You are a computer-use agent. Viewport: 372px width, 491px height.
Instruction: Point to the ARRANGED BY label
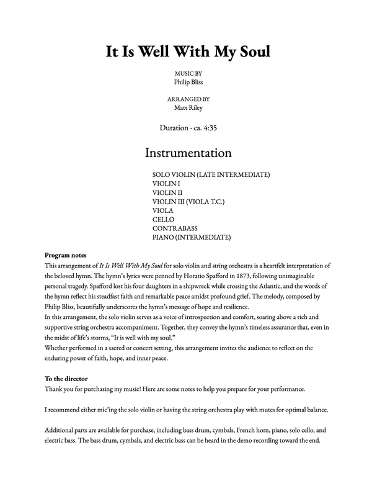coord(188,99)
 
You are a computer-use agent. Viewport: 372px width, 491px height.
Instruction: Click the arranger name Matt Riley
coord(188,107)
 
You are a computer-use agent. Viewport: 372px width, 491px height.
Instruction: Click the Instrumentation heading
coord(188,153)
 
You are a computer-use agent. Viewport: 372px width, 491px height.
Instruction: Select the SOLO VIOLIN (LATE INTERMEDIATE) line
coord(211,175)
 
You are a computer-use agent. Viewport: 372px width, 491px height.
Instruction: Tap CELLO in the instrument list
coord(163,220)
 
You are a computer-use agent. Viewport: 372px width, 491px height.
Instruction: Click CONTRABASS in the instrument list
coord(175,228)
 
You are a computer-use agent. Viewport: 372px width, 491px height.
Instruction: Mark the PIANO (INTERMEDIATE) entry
coord(192,237)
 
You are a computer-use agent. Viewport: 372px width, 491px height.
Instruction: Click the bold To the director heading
coord(66,378)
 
